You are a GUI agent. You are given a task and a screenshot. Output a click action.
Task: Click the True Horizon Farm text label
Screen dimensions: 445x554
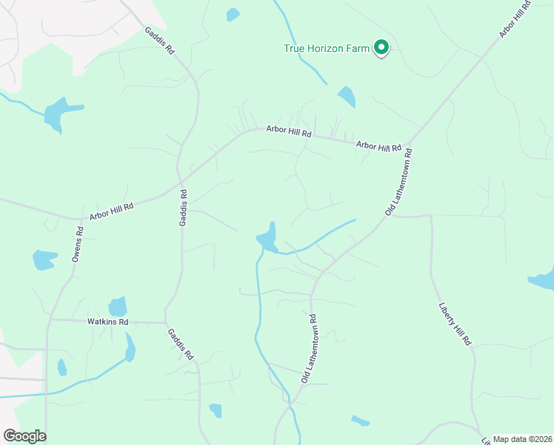coord(327,49)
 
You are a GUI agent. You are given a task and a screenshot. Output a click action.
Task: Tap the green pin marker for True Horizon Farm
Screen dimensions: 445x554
coord(381,48)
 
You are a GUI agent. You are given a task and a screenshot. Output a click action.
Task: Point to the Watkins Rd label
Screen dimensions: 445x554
coord(108,322)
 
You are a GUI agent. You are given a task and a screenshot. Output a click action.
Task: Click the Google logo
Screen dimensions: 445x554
coord(24,436)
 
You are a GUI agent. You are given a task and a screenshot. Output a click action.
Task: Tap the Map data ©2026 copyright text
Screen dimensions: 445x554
coord(522,439)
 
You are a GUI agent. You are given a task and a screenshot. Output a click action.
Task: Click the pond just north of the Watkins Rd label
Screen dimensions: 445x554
coord(118,306)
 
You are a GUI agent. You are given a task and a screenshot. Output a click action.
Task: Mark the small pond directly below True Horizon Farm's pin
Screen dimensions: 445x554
coord(346,96)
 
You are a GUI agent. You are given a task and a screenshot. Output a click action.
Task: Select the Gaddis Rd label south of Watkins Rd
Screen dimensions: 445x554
coord(180,344)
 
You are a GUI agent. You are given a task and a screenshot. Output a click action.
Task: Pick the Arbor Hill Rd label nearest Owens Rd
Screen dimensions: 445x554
coord(111,211)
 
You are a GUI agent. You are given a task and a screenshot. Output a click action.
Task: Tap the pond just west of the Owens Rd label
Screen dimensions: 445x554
coord(44,260)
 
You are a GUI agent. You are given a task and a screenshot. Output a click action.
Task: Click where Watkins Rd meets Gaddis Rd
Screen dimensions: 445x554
coord(165,323)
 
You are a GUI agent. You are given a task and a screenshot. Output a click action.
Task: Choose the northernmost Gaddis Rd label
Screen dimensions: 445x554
coord(159,41)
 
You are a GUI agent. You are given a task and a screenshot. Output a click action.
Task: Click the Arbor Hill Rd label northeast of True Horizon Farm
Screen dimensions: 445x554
coord(516,19)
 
